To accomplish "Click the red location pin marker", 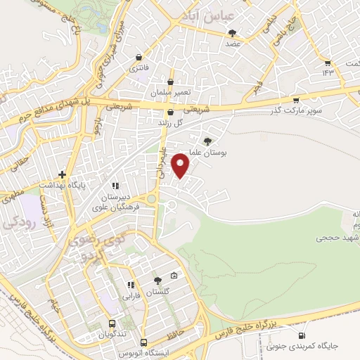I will (181, 165).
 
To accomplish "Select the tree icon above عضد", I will (232, 32).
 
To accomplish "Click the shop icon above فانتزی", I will (139, 57).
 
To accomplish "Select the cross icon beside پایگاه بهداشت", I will (62, 174).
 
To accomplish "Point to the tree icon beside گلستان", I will (157, 281).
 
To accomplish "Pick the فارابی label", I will (131, 296).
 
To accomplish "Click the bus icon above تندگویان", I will (112, 324).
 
